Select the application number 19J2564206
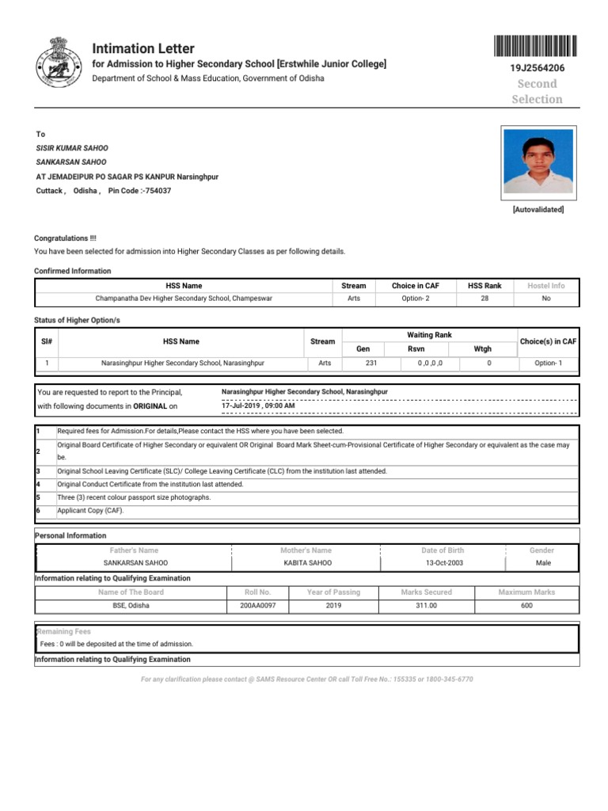pos(538,69)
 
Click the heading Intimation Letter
pos(143,48)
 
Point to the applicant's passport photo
pos(538,162)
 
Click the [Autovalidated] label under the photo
pos(538,210)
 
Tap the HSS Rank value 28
pos(484,299)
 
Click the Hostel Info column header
pos(546,286)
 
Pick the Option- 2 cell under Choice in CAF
pos(415,299)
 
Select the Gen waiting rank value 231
pos(371,363)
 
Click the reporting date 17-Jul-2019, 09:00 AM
pos(258,405)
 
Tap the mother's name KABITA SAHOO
pos(308,563)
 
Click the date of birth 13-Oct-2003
pos(444,563)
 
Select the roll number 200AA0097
pos(258,605)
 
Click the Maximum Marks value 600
pos(526,605)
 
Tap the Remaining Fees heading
pos(64,632)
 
